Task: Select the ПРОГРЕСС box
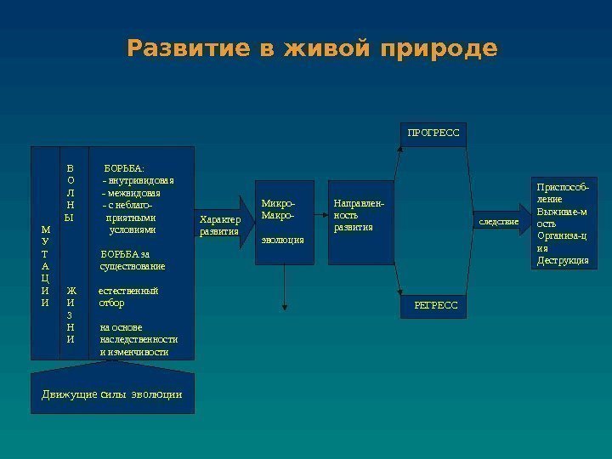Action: point(433,133)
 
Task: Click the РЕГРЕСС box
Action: point(434,303)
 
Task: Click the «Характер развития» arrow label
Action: point(219,225)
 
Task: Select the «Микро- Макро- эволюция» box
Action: point(284,221)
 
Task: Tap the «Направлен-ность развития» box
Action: point(364,221)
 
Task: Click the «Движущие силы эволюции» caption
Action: point(112,394)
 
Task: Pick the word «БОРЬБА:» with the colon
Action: point(124,168)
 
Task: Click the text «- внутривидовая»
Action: point(138,181)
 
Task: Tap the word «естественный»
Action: point(127,291)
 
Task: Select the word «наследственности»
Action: point(139,339)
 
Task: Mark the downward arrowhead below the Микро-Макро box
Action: point(285,308)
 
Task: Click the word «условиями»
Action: point(133,229)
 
